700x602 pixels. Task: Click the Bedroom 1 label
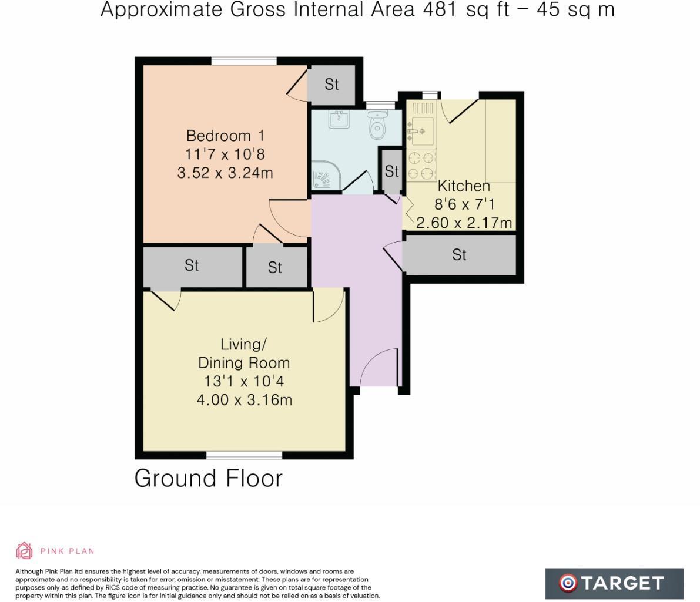[x=225, y=136]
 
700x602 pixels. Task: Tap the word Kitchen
[x=464, y=186]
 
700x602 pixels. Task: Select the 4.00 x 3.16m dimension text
[x=244, y=400]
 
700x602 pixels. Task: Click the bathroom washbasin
[x=339, y=119]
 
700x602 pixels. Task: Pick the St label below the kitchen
[x=459, y=255]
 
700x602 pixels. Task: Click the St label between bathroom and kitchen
[x=391, y=171]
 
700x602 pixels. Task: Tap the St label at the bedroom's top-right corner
[x=331, y=85]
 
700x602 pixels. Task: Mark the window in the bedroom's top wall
[x=244, y=60]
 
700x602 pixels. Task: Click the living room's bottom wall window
[x=244, y=455]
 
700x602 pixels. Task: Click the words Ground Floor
[x=209, y=479]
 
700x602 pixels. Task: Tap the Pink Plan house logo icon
[x=24, y=551]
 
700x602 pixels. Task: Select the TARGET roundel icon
[x=568, y=583]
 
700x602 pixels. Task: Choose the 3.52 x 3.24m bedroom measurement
[x=225, y=173]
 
